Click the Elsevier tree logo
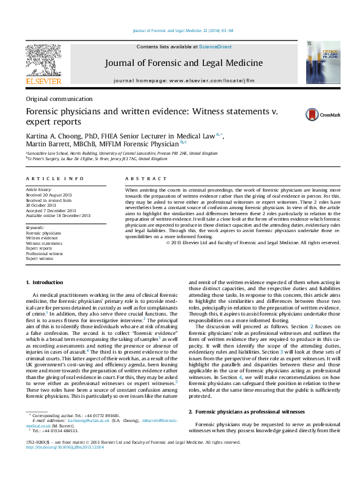[43, 63]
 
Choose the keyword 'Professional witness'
[45, 253]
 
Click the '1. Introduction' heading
[46, 282]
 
